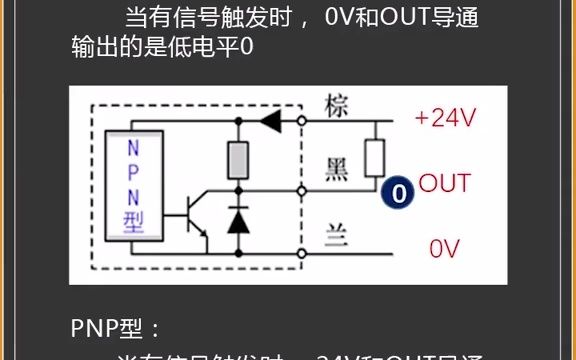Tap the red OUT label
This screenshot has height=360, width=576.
click(444, 183)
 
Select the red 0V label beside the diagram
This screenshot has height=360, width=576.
click(443, 247)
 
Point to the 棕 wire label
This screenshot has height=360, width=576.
click(338, 107)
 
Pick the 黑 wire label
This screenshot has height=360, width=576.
click(338, 171)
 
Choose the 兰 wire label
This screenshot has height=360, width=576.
click(338, 236)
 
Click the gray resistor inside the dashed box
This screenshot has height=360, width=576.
click(239, 158)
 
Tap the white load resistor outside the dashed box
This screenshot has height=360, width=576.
click(374, 157)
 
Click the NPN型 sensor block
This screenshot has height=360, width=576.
click(135, 186)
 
